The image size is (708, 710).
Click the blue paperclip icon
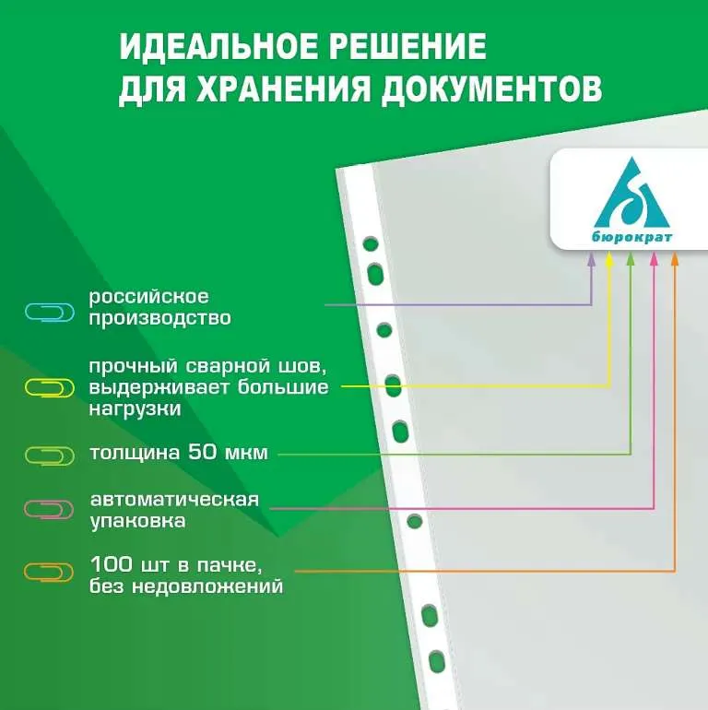(x=50, y=313)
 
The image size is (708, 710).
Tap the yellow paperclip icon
(x=50, y=388)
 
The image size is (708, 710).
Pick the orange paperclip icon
(x=49, y=573)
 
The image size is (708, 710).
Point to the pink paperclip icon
(x=49, y=509)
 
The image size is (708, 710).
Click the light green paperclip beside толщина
(x=50, y=456)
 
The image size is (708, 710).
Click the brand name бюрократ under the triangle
(x=632, y=237)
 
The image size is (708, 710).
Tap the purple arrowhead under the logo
(x=591, y=257)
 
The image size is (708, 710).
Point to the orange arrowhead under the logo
(x=675, y=257)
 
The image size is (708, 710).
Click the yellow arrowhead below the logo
(x=609, y=257)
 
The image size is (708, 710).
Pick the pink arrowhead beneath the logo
(x=654, y=257)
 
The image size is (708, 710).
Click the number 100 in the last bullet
(x=112, y=564)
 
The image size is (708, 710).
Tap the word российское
(x=149, y=298)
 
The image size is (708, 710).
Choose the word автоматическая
(x=175, y=500)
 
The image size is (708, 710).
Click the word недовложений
(x=207, y=586)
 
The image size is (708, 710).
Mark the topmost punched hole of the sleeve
(x=371, y=244)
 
